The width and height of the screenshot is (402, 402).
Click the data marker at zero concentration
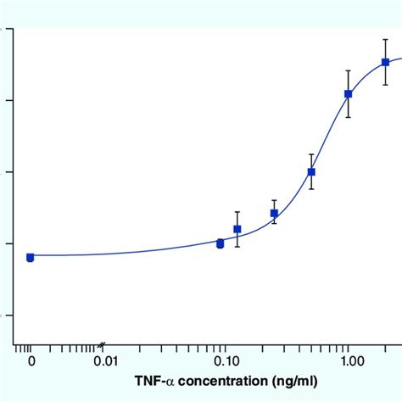tap(31, 257)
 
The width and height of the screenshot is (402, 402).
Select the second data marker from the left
tap(221, 243)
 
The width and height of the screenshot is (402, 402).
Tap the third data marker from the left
tap(237, 229)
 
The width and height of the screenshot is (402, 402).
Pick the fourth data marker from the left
tap(274, 213)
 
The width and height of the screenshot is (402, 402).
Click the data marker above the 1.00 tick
tap(349, 93)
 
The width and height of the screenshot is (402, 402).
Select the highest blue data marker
tap(385, 62)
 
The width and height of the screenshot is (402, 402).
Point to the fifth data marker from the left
tap(311, 171)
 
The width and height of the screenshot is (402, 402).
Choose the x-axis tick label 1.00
tap(350, 362)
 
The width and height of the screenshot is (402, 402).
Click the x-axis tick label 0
tap(31, 362)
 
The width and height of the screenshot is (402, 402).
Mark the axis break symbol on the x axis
tap(102, 345)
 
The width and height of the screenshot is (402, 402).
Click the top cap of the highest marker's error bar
tap(385, 38)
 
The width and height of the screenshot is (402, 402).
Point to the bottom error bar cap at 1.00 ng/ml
tap(349, 117)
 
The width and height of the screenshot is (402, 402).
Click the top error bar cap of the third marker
tap(237, 211)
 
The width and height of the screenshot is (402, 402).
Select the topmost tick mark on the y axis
tap(9, 29)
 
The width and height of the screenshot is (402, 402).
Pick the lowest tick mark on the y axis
tap(9, 315)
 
